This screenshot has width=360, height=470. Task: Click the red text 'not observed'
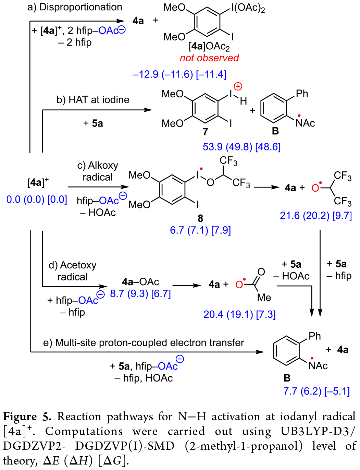[x=209, y=58]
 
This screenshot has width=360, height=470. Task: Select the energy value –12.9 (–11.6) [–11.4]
[x=179, y=74]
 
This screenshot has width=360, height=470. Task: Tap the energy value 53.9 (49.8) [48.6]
[x=241, y=147]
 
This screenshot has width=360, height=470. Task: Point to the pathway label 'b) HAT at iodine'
[x=93, y=100]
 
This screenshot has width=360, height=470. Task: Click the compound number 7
[x=205, y=132]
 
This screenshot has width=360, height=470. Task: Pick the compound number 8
[x=200, y=218]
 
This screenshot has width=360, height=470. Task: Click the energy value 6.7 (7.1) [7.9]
[x=200, y=230]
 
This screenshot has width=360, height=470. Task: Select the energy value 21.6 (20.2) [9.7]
[x=316, y=216]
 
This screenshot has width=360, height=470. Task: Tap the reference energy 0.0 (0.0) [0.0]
[x=37, y=200]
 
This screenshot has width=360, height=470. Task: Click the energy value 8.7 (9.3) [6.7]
[x=140, y=294]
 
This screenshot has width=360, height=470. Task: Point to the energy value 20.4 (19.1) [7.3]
[x=239, y=314]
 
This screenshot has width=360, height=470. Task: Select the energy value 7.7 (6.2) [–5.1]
[x=316, y=391]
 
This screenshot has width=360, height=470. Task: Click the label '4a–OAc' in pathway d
[x=140, y=282]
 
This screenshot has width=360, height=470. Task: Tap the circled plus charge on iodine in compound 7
[x=238, y=86]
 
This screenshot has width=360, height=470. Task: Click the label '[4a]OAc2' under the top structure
[x=209, y=46]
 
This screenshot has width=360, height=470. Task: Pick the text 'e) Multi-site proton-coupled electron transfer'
[x=144, y=342]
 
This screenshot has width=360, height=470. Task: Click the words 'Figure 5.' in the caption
[x=27, y=417]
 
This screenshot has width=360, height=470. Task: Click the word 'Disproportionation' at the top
[x=81, y=7]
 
